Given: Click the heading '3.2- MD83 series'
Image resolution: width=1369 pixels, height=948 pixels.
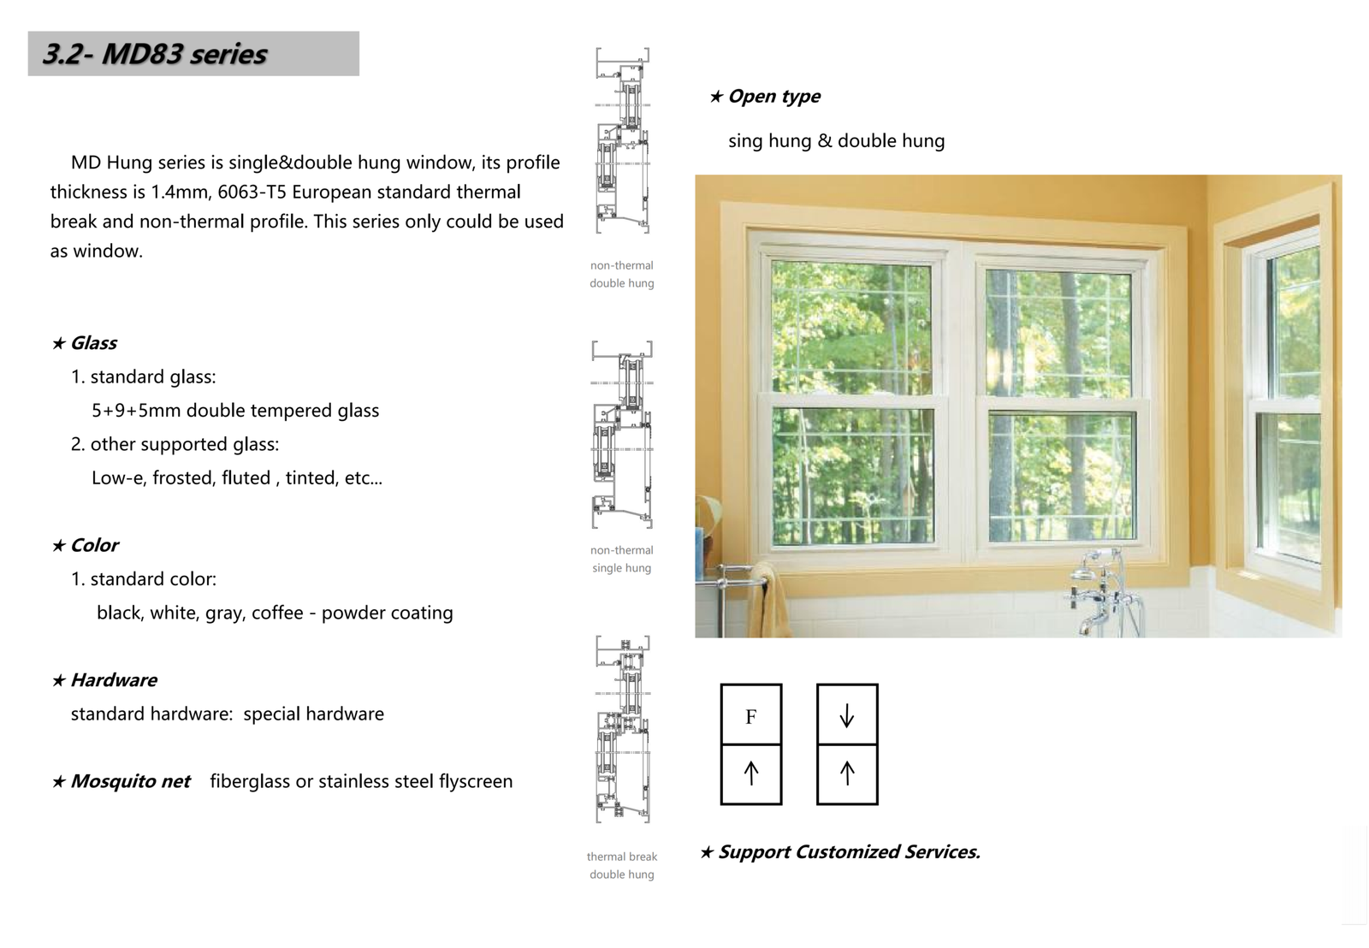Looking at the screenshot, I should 155,54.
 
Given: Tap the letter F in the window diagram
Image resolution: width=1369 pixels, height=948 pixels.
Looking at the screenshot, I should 750,716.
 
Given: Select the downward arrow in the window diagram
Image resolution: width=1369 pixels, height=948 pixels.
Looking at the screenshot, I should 846,715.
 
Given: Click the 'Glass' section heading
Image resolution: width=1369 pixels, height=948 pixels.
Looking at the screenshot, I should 92,343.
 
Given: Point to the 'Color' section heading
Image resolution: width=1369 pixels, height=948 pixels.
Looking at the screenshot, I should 93,545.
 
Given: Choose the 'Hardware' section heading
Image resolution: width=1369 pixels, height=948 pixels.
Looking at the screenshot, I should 113,680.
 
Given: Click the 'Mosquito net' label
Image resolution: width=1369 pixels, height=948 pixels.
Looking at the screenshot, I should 129,781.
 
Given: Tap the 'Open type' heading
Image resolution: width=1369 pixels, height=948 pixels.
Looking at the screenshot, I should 773,97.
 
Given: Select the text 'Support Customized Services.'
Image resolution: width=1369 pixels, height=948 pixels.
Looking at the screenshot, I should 848,852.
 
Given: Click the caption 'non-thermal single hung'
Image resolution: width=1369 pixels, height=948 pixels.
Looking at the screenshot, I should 621,559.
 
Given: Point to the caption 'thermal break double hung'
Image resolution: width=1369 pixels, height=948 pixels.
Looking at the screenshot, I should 621,865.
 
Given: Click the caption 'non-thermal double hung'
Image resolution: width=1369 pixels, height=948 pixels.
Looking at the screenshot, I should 621,274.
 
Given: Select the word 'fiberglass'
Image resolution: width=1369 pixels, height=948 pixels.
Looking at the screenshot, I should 250,781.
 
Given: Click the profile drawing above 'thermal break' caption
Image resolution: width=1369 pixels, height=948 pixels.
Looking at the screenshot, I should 623,729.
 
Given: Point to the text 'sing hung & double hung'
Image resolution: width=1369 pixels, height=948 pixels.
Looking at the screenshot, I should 836,141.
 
